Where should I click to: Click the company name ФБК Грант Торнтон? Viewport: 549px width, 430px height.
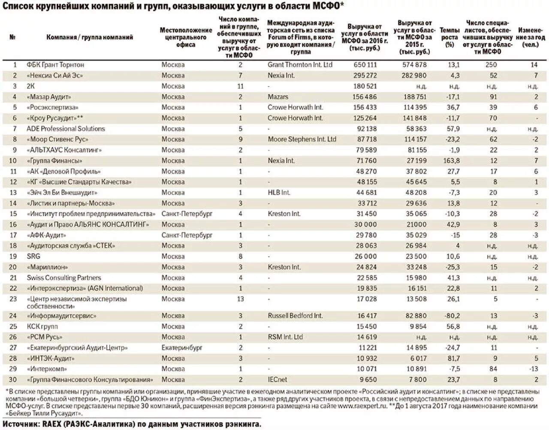click(55, 65)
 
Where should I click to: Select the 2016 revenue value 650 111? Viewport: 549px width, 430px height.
click(365, 65)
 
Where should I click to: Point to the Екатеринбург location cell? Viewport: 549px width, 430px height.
click(182, 348)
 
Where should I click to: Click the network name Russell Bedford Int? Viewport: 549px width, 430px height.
click(295, 315)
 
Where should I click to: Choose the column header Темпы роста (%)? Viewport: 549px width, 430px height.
click(449, 37)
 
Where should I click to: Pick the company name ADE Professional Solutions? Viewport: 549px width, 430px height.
click(66, 129)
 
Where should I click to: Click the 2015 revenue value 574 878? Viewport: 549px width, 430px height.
click(415, 65)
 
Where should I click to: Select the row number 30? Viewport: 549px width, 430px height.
click(15, 379)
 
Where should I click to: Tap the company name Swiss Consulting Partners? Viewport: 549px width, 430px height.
click(64, 278)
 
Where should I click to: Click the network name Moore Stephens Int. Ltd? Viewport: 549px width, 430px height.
click(302, 139)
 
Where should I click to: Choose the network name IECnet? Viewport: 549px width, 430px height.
click(278, 379)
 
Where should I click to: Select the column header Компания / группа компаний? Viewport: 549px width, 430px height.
click(90, 37)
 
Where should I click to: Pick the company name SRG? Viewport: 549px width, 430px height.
click(33, 256)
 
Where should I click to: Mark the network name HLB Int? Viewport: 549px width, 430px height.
click(279, 193)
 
